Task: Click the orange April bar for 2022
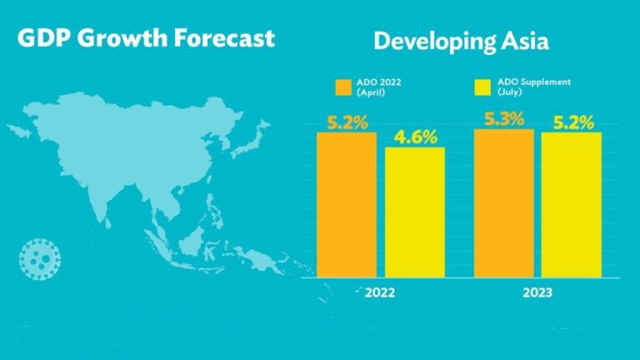[x=347, y=204]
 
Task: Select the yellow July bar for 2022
[x=415, y=212]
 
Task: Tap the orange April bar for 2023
[x=503, y=203]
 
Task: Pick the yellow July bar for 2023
[x=572, y=204]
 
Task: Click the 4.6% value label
[x=416, y=137]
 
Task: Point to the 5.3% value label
[x=504, y=119]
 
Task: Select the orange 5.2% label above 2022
[x=347, y=122]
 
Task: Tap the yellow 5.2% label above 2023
[x=573, y=122]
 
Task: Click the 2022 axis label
[x=380, y=292]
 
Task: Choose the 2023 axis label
[x=537, y=292]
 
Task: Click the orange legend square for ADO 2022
[x=343, y=87]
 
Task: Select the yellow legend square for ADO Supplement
[x=482, y=87]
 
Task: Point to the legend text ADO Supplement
[x=534, y=82]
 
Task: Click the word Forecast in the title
[x=224, y=38]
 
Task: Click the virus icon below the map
[x=40, y=259]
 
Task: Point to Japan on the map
[x=250, y=140]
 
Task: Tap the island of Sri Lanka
[x=107, y=223]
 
